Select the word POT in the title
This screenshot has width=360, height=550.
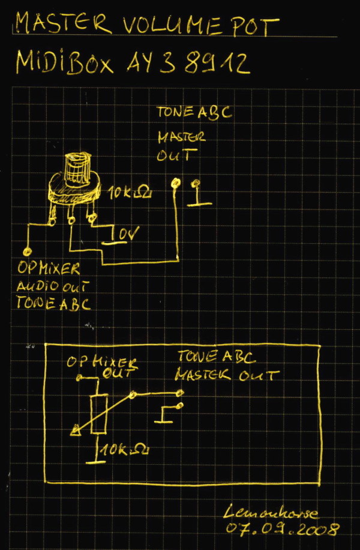click(256, 25)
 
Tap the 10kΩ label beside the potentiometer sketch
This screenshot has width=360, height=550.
click(130, 193)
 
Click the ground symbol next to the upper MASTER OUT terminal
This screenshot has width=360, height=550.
click(199, 195)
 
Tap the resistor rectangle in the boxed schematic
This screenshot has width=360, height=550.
click(98, 414)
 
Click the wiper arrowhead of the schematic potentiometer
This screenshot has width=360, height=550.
click(76, 429)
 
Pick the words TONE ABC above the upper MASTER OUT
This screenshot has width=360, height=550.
click(193, 112)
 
